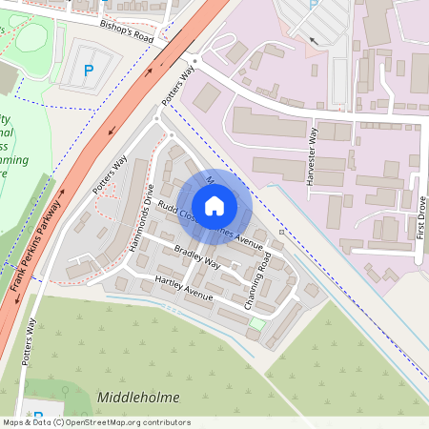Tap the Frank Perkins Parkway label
click(35, 247)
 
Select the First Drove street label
click(420, 216)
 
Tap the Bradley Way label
click(196, 257)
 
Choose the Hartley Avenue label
click(184, 289)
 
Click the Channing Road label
click(264, 280)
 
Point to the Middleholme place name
click(138, 397)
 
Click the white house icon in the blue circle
click(214, 205)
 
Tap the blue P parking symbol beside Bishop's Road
click(89, 70)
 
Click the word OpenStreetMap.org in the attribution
click(107, 422)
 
